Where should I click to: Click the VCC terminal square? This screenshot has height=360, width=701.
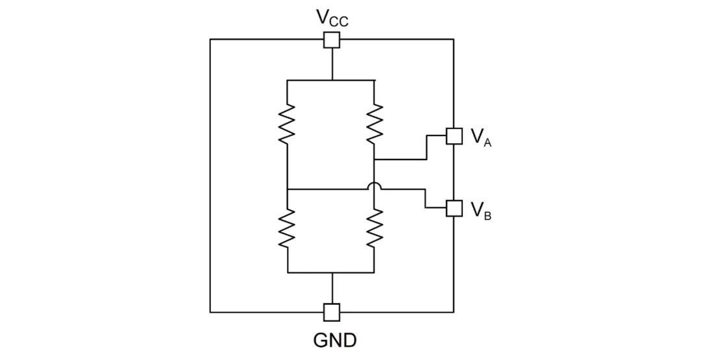tap(332, 40)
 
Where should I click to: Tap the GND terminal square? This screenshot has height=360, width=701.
tap(332, 312)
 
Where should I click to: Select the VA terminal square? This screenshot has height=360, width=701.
tap(453, 135)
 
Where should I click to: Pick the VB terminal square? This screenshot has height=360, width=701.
tap(453, 208)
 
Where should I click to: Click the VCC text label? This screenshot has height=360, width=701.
tap(332, 18)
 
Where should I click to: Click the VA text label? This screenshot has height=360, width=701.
tap(480, 136)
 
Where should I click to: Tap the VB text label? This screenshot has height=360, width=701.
tap(480, 210)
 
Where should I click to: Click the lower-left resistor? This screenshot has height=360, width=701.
tap(287, 229)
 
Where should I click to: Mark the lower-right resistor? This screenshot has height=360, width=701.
tap(375, 229)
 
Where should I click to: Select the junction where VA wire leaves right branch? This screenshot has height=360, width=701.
tap(375, 159)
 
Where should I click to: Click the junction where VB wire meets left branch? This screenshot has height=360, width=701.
tap(287, 189)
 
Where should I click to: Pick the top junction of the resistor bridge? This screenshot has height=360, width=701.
tap(332, 80)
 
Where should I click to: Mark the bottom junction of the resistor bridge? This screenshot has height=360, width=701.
tap(332, 272)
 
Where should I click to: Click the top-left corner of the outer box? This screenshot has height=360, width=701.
tap(210, 40)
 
